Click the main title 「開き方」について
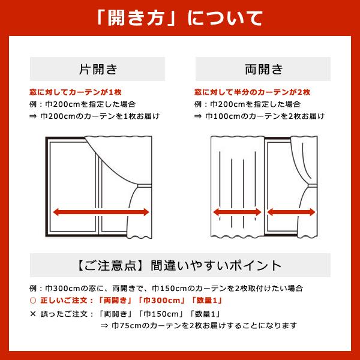click(x=179, y=17)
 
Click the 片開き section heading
click(x=98, y=68)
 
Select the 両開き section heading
click(x=263, y=68)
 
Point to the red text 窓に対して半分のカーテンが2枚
click(x=252, y=92)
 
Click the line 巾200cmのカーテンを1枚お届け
click(x=99, y=116)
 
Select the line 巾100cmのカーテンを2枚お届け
click(x=265, y=116)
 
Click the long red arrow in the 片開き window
click(x=100, y=211)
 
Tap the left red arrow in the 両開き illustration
click(x=236, y=211)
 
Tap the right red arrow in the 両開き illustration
click(x=292, y=211)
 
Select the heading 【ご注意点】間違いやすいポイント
click(x=179, y=265)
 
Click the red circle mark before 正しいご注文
click(x=33, y=300)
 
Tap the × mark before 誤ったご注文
click(x=33, y=313)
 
